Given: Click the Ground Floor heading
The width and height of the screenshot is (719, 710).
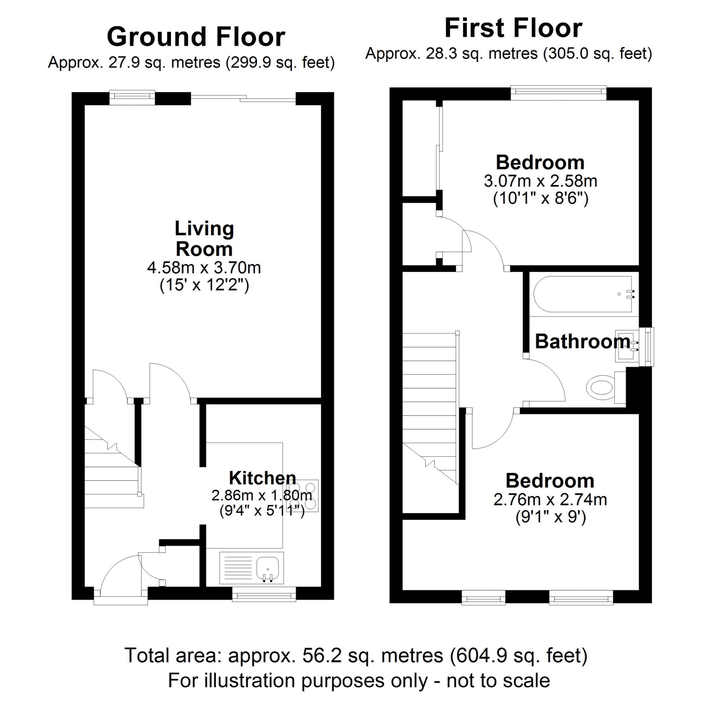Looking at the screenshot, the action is (196, 37).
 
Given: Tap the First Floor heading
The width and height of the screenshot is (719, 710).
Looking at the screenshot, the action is (513, 28).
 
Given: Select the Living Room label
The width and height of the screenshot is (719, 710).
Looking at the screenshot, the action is (204, 239).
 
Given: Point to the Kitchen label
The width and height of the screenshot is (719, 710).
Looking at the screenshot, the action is (262, 478).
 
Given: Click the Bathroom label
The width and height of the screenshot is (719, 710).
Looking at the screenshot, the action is (582, 341).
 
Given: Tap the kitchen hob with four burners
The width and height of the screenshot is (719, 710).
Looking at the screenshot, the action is (303, 496).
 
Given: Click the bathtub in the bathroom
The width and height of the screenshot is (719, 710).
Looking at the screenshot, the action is (583, 294).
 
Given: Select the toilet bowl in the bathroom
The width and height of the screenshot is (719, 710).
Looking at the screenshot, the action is (600, 387).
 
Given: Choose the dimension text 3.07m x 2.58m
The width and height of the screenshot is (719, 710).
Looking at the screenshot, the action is (540, 181).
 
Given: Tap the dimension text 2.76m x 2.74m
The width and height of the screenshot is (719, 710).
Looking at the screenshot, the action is (550, 499).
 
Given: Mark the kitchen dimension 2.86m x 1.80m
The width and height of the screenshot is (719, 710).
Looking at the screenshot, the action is (262, 495).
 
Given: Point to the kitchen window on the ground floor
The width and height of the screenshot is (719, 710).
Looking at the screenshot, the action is (264, 594).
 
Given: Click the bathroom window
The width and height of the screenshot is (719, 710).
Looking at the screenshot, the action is (647, 347).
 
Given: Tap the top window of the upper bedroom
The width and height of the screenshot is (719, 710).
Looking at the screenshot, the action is (559, 93).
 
